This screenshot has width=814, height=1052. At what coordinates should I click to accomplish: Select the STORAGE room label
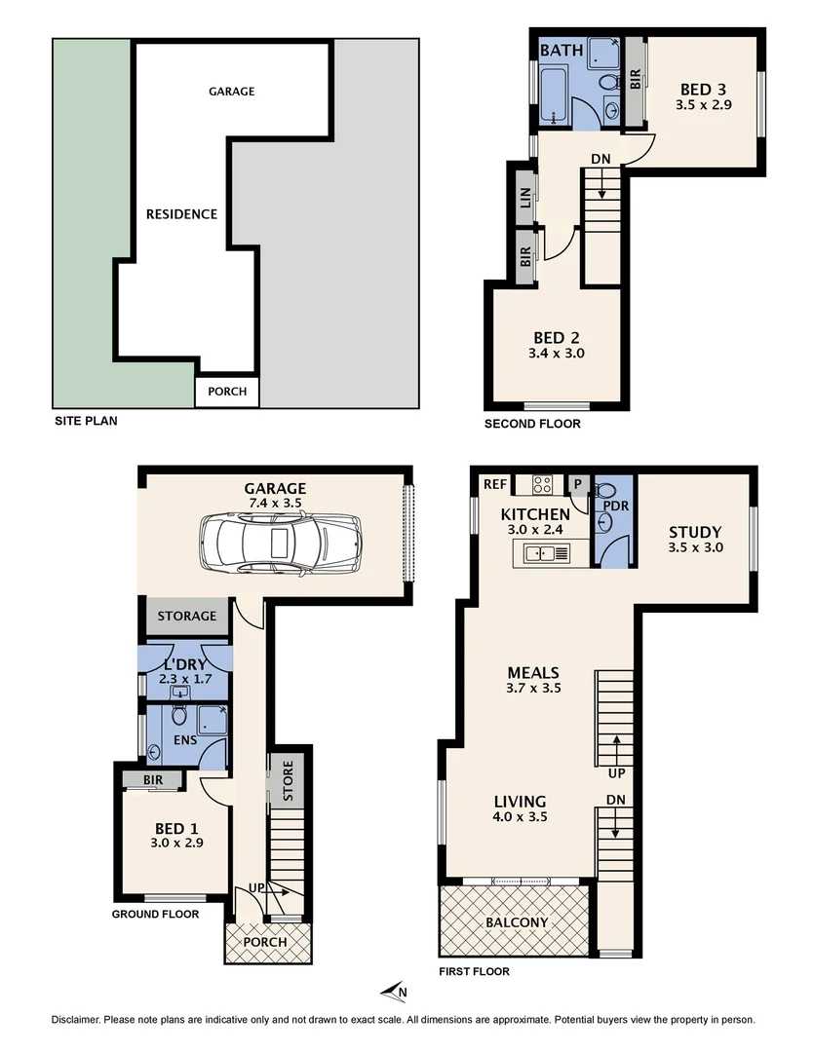coord(187,617)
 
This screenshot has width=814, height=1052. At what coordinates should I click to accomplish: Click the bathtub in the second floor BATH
coord(555,97)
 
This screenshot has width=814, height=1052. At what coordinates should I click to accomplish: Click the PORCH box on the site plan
coord(227,392)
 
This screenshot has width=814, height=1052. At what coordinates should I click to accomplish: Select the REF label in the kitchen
coord(493,483)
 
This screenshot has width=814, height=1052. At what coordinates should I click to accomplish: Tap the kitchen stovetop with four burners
coord(543,483)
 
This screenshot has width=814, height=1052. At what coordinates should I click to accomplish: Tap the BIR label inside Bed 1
coord(152,780)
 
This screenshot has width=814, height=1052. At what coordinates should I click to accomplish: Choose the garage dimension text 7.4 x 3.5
coord(275,506)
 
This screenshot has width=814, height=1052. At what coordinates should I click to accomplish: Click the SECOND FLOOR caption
coord(532,424)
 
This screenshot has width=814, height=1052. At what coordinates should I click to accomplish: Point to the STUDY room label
coord(694,532)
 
